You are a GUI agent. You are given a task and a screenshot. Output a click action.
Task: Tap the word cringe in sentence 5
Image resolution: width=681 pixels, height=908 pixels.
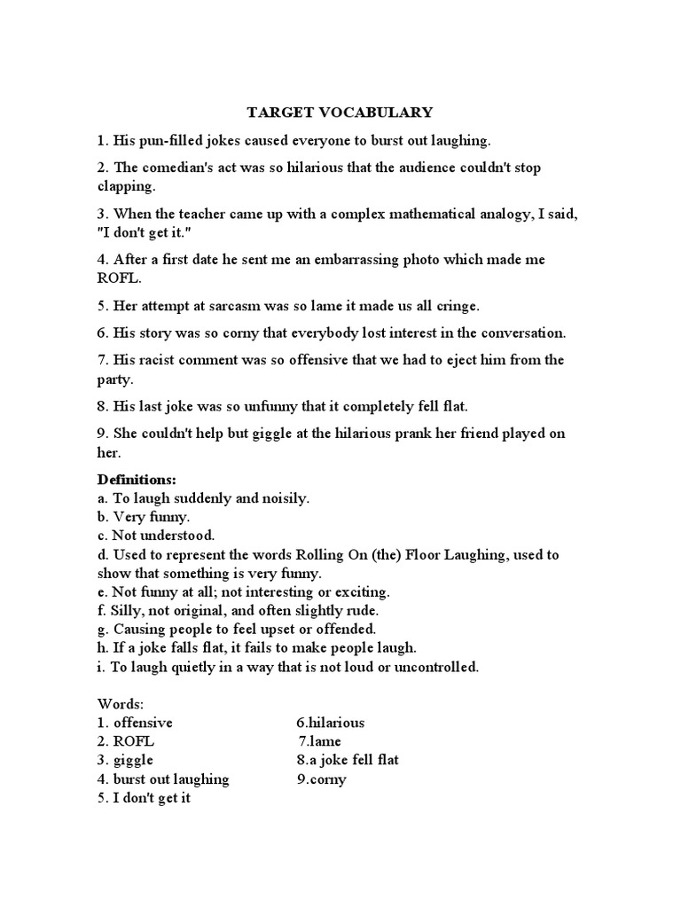pos(455,306)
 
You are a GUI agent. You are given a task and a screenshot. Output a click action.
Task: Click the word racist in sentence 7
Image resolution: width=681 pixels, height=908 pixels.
pos(160,360)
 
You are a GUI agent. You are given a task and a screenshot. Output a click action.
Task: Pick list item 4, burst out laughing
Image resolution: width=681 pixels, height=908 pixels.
pos(170,779)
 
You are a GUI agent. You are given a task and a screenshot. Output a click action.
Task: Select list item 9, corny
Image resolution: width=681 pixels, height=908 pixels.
pos(328,779)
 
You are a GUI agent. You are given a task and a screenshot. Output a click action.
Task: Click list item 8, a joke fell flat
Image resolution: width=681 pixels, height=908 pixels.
pos(353,761)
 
